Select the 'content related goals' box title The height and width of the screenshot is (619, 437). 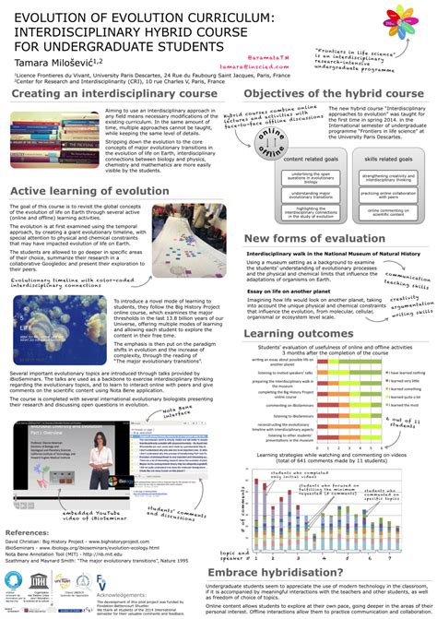tap(286, 161)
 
